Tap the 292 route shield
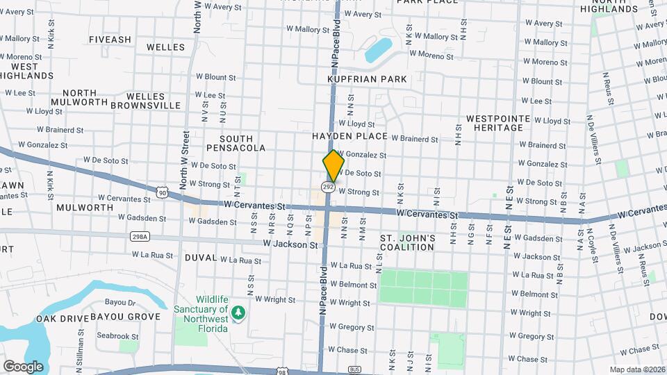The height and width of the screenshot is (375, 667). [x=329, y=187]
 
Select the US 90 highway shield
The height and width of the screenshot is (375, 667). [x=162, y=192]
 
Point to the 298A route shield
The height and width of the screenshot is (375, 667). [x=140, y=237]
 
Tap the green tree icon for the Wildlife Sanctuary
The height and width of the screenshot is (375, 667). [x=239, y=313]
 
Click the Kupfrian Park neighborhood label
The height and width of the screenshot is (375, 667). [x=367, y=79]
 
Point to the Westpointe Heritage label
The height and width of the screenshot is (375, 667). [x=494, y=123]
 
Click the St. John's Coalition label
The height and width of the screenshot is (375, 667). [x=407, y=242]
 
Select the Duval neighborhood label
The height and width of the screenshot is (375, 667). [x=201, y=258]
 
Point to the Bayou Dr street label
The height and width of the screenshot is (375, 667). [x=120, y=303]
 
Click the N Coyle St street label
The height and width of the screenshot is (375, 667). [x=594, y=235]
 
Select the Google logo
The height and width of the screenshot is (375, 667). [x=23, y=366]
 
